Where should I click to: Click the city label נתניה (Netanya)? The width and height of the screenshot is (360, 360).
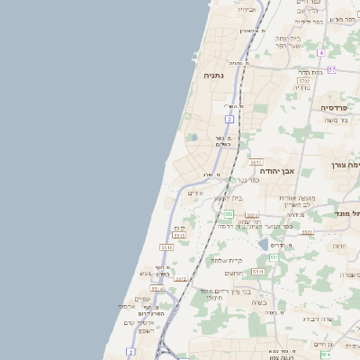[213, 76]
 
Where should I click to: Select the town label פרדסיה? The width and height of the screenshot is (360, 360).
[339, 107]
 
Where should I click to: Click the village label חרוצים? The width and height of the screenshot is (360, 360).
[233, 273]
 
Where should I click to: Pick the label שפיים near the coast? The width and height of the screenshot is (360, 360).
[142, 299]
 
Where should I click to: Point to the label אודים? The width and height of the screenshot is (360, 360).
[198, 193]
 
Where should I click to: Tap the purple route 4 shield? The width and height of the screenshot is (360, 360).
[320, 53]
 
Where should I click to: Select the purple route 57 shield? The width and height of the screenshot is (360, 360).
[331, 69]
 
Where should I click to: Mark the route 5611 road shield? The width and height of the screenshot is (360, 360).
[256, 163]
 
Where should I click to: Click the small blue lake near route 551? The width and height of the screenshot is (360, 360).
[263, 243]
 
